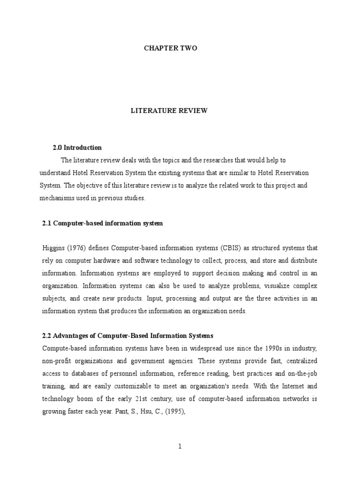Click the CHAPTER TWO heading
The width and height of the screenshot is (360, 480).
(167, 48)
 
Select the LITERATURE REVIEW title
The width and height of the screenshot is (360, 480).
(168, 111)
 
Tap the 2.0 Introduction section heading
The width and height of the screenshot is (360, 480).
(77, 148)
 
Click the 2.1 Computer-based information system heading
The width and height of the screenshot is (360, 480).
(103, 224)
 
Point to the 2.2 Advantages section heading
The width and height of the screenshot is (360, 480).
(127, 336)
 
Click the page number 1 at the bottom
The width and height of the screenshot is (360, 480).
(180, 446)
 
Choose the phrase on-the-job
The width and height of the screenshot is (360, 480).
(301, 374)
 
